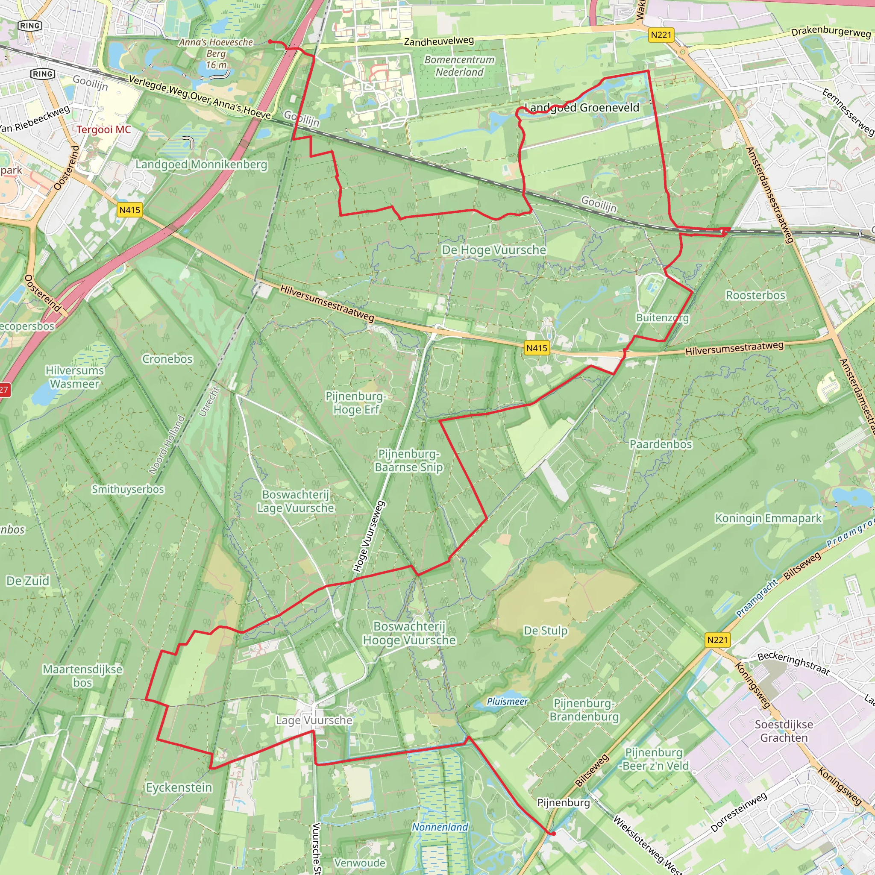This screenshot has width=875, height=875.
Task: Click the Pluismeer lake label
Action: [507, 702]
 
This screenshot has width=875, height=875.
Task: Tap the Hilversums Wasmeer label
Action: [75, 377]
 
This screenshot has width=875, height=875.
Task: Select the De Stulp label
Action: [545, 631]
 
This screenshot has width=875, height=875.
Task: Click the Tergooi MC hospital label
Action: [103, 129]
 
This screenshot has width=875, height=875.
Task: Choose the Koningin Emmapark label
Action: [768, 518]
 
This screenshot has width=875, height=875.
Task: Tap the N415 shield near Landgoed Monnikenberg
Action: [129, 210]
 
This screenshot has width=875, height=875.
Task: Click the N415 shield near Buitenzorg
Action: [537, 348]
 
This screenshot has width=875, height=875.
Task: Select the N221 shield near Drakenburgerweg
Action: [661, 35]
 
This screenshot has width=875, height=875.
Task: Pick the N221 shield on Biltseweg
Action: [717, 640]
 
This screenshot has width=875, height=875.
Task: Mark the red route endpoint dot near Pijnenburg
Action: [553, 833]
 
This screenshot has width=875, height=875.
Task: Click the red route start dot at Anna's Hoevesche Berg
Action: [270, 42]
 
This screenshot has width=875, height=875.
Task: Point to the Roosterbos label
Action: [755, 295]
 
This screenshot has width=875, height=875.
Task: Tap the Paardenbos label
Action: [661, 444]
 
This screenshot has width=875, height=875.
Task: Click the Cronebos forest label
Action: [167, 359]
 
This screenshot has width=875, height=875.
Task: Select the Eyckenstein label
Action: [179, 787]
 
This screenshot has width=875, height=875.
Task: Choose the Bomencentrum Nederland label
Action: [459, 66]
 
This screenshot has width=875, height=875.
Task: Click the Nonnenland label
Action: [440, 827]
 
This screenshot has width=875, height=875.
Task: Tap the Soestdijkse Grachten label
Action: [784, 731]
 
